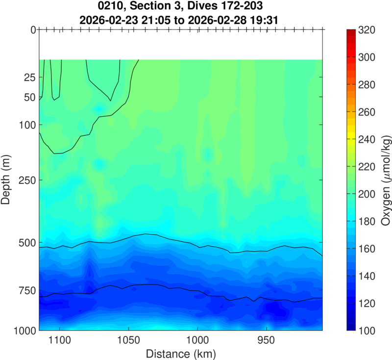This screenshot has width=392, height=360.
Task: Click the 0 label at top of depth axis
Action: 33,30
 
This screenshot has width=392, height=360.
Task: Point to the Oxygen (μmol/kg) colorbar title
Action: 385,180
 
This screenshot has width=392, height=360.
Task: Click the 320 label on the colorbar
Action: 367,30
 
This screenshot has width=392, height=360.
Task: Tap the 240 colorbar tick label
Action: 367,140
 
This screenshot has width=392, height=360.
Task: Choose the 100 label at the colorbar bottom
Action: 367,331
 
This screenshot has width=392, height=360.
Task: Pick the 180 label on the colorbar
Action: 367,222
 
